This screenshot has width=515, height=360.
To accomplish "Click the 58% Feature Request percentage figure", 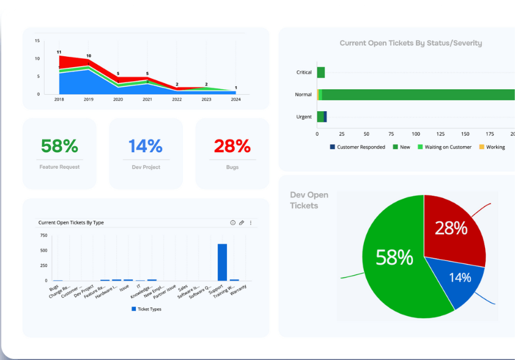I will tap(59, 146).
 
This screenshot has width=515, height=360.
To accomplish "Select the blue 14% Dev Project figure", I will tap(146, 146).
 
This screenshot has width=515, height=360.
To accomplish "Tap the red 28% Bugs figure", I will tap(232, 146).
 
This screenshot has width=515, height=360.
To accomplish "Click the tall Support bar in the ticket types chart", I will tap(222, 262).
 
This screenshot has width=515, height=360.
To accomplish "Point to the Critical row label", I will tap(304, 72).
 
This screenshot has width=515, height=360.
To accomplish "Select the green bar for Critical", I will tap(320, 72).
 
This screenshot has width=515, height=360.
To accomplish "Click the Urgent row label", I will tap(304, 117).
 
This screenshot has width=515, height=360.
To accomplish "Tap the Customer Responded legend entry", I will tap(358, 147).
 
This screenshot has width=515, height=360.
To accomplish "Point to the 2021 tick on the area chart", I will tap(147, 99).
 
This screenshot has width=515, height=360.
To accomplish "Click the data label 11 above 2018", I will tap(59, 52).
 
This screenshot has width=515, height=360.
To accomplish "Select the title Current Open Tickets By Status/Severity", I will tap(410, 43).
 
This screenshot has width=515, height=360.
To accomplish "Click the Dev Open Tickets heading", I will tap(309, 200).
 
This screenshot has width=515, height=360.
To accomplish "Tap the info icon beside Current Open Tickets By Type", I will tap(232, 223).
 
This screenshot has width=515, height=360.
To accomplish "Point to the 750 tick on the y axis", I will tap(43, 235).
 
